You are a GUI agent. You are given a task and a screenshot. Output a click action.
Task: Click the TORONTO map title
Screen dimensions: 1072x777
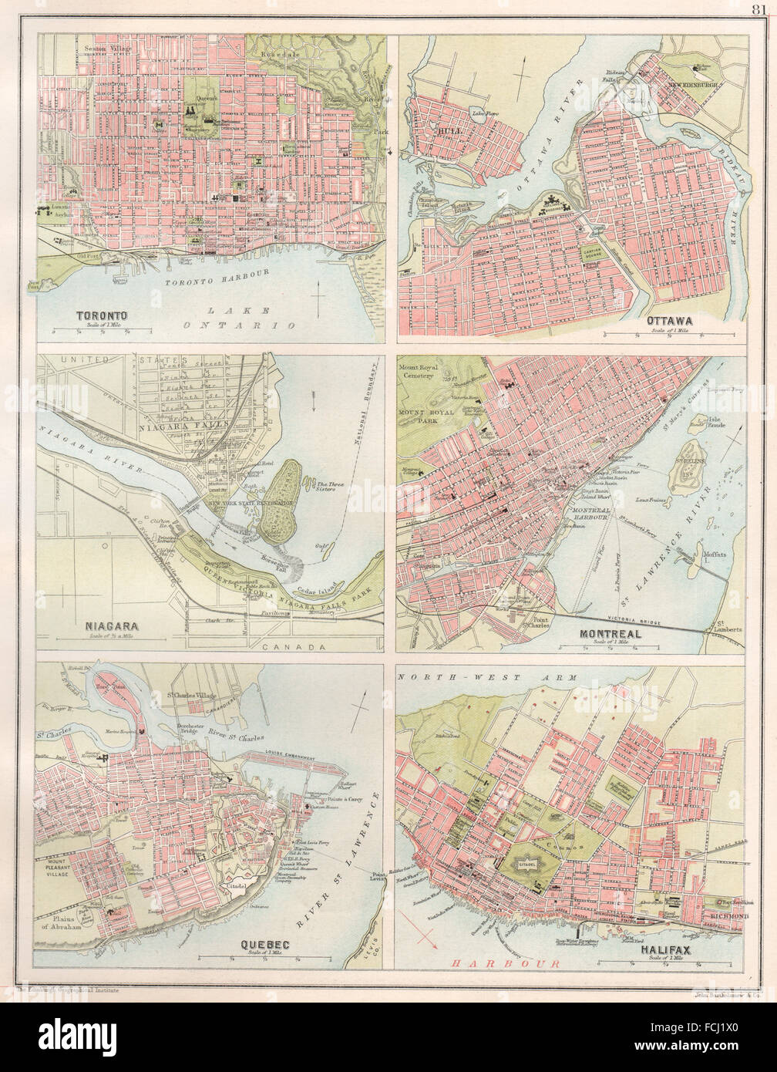tap(102, 315)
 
